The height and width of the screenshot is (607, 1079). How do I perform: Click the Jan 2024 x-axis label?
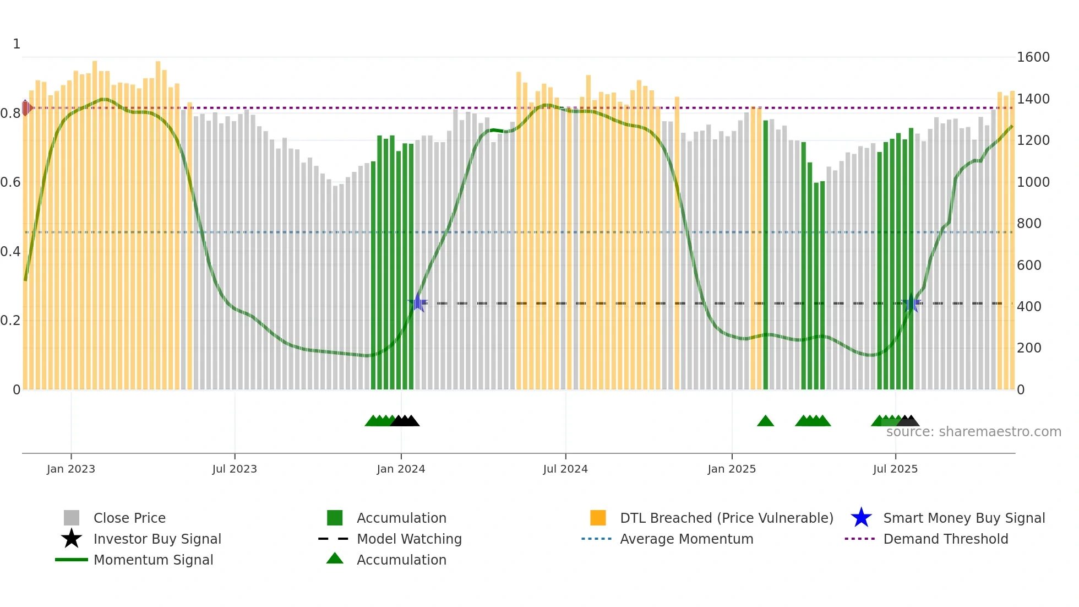pyautogui.click(x=401, y=469)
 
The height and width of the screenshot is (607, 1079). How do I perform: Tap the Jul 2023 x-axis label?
pyautogui.click(x=235, y=469)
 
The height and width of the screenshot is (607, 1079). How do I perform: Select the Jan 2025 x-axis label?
pyautogui.click(x=732, y=469)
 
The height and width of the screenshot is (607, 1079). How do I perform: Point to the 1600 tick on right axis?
pyautogui.click(x=1033, y=57)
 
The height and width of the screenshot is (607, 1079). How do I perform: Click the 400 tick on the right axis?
pyautogui.click(x=1029, y=307)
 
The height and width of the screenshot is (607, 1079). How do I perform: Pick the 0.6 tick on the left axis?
pyautogui.click(x=10, y=182)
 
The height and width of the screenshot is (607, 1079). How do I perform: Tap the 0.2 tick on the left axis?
pyautogui.click(x=10, y=321)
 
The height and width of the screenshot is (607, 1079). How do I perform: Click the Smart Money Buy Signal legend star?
pyautogui.click(x=861, y=518)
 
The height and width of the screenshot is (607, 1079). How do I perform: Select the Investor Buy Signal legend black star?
pyautogui.click(x=72, y=539)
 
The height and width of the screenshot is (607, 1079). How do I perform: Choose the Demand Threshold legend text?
pyautogui.click(x=945, y=539)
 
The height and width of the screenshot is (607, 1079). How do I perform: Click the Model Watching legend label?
pyautogui.click(x=409, y=539)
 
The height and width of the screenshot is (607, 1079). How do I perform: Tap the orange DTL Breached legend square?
pyautogui.click(x=598, y=518)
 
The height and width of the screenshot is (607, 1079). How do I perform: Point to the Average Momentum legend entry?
pyautogui.click(x=686, y=539)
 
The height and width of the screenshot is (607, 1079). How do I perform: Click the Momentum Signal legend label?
pyautogui.click(x=153, y=560)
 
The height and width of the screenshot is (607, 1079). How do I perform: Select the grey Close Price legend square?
pyautogui.click(x=72, y=518)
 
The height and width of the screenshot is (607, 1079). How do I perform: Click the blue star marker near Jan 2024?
pyautogui.click(x=418, y=302)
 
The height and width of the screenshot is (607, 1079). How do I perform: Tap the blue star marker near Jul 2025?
pyautogui.click(x=911, y=303)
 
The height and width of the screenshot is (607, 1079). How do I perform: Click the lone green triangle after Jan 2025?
pyautogui.click(x=765, y=421)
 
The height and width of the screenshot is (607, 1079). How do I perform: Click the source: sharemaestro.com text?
pyautogui.click(x=973, y=432)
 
